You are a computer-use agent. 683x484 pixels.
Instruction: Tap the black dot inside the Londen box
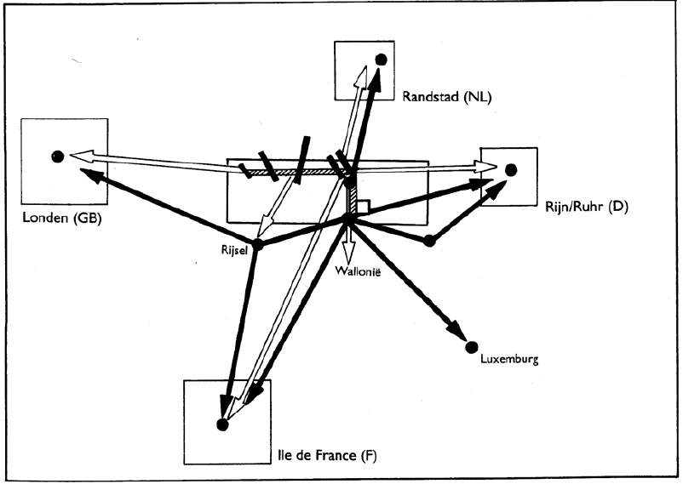click(x=57, y=156)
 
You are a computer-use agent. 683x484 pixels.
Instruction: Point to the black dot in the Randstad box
click(x=381, y=59)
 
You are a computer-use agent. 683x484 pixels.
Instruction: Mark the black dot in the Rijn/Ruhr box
click(x=511, y=169)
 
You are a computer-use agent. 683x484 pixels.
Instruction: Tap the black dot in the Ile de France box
click(x=222, y=424)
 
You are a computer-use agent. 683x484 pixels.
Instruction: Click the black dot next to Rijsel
click(x=257, y=245)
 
